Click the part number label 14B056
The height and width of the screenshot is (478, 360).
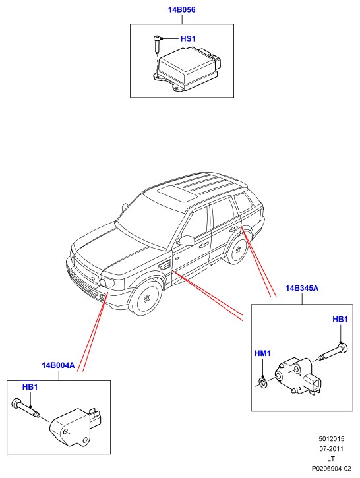(182, 10)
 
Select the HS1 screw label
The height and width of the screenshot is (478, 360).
(188, 38)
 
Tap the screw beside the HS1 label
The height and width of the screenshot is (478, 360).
(157, 44)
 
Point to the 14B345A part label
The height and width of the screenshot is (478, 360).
(302, 288)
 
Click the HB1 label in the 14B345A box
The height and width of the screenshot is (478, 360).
(340, 319)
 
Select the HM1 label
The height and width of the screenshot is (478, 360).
(262, 353)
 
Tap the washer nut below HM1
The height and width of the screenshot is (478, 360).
(262, 382)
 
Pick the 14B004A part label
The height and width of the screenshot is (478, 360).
(58, 365)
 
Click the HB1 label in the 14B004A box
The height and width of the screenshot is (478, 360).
(30, 387)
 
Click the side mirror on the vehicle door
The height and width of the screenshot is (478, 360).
(186, 240)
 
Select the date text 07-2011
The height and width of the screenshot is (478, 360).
(332, 449)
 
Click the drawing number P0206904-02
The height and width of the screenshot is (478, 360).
(332, 468)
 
